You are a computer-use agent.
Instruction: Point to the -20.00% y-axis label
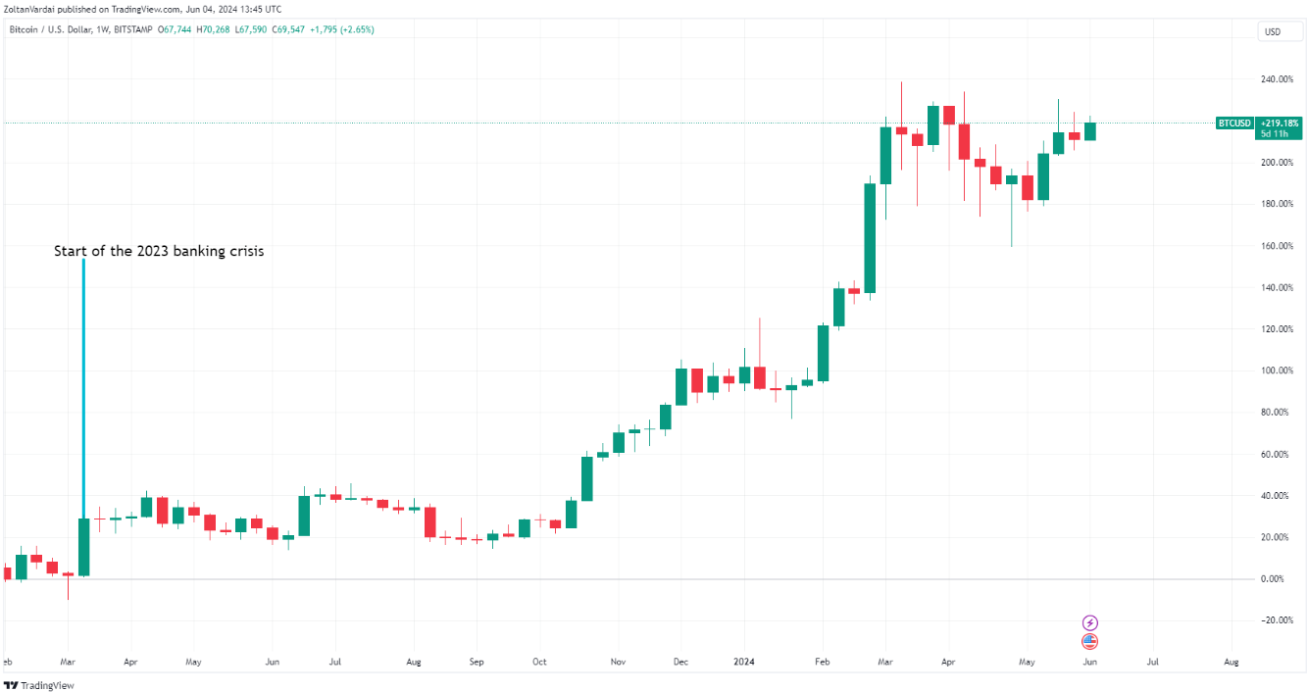[x=1275, y=620]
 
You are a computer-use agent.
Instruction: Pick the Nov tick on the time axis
[x=617, y=662]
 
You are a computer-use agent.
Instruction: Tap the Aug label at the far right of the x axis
[x=1232, y=662]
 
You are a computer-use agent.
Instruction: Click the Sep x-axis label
[x=477, y=662]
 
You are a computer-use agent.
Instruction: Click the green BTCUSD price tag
[x=1233, y=124]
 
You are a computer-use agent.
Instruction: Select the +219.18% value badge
[x=1280, y=124]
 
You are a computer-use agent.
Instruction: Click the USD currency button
[x=1273, y=32]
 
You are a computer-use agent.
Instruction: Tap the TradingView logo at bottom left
[x=39, y=685]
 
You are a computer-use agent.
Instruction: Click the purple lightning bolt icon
[x=1089, y=623]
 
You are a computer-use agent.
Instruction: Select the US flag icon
[x=1089, y=642]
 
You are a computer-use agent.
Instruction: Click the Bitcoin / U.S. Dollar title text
[x=51, y=29]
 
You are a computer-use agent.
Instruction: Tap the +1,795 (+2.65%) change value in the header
[x=340, y=29]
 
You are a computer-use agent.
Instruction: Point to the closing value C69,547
[x=285, y=29]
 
